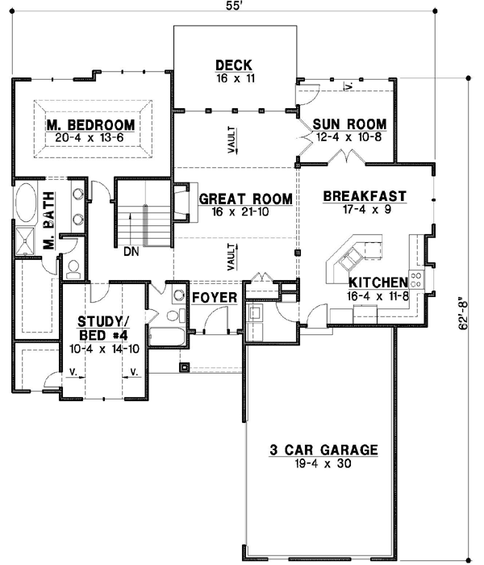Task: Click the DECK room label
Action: point(235,65)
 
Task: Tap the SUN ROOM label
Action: point(349,123)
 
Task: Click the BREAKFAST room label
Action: point(364,195)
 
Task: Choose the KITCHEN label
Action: point(377,282)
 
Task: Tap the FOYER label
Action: point(215,298)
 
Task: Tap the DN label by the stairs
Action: point(131,251)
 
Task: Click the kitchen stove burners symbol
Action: point(417,279)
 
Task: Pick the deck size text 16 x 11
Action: point(235,79)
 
